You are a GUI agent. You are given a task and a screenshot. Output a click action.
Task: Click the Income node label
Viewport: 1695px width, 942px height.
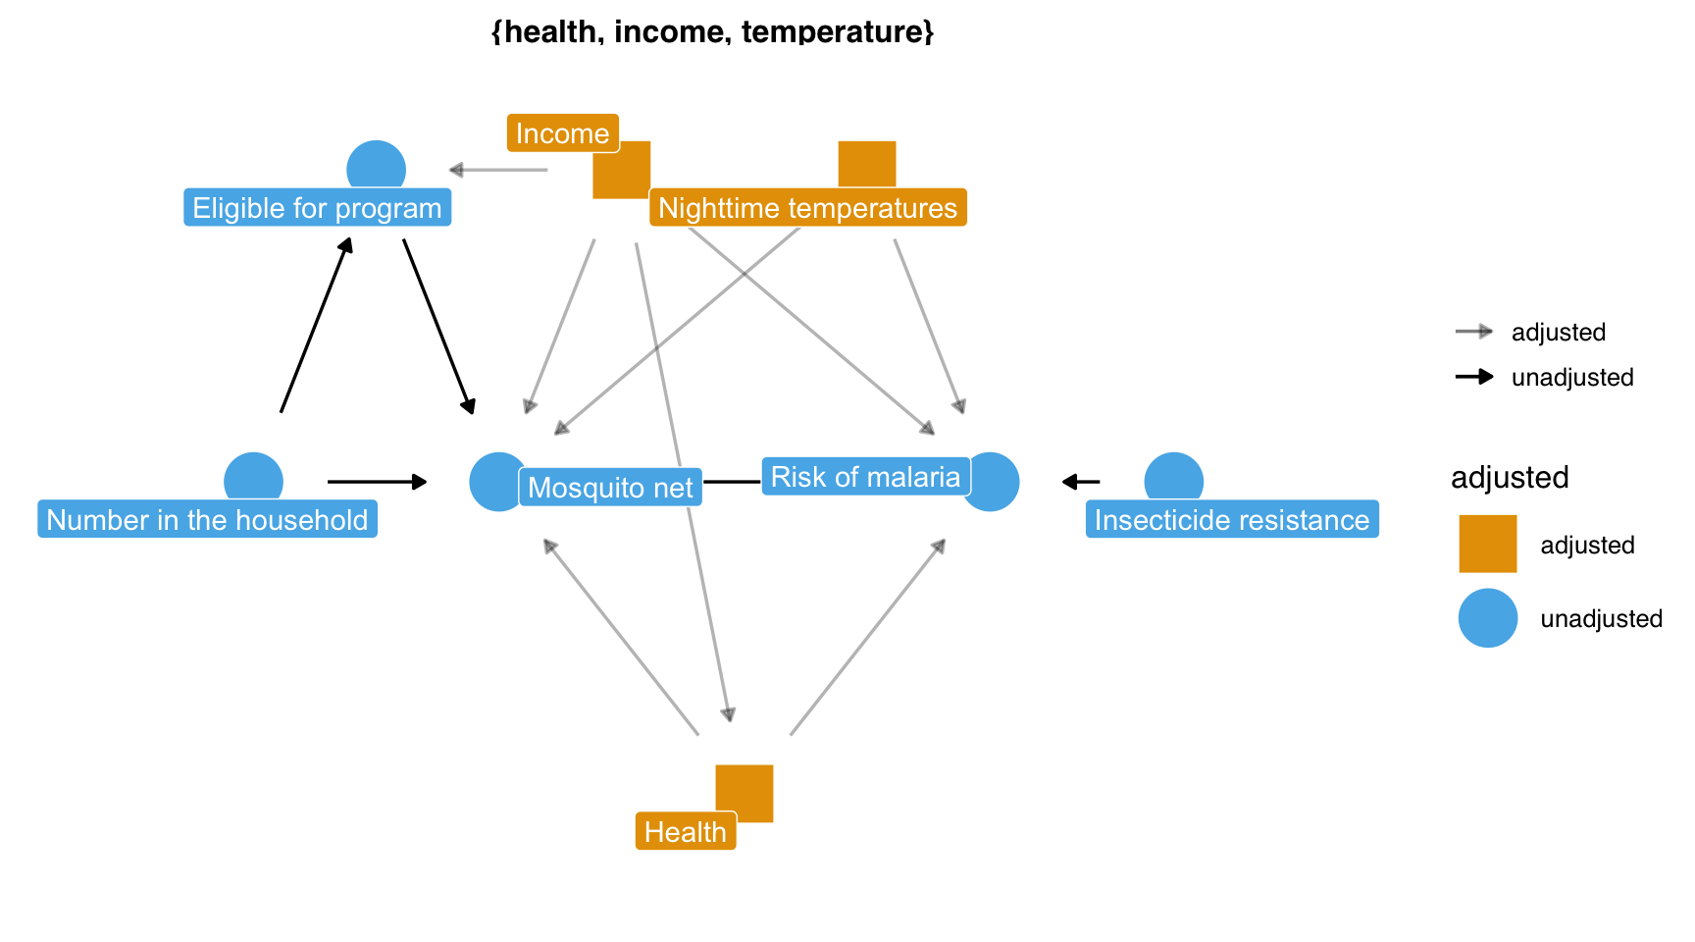point(562,133)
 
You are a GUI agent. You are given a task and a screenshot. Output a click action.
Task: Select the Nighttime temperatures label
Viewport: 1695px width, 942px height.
point(807,208)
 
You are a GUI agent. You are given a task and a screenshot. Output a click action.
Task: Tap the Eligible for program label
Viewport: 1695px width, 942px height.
point(317,208)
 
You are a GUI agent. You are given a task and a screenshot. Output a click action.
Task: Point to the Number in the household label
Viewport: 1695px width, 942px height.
point(207,519)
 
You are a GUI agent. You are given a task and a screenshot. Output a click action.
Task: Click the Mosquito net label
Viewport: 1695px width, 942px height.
point(610,487)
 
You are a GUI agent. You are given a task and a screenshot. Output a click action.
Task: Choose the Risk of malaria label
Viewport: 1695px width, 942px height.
point(865,477)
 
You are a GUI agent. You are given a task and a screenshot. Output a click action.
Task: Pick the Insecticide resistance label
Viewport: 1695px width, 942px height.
point(1231,519)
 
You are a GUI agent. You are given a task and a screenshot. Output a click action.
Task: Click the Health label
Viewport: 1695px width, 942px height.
point(685,832)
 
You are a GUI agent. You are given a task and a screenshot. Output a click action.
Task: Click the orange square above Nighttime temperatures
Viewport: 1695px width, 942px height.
point(867,163)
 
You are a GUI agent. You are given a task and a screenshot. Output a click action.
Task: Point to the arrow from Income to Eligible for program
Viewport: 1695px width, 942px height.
point(497,170)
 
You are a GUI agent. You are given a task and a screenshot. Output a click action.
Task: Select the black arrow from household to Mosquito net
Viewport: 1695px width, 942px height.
point(377,482)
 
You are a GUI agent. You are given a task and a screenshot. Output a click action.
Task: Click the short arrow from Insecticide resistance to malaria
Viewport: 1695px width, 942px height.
point(1081,482)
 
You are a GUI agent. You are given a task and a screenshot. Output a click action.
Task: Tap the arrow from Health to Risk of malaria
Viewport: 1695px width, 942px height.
point(867,637)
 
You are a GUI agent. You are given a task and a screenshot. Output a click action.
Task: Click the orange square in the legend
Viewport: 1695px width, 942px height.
point(1487,544)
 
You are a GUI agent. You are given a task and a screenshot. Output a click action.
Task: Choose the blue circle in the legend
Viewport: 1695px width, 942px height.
point(1487,618)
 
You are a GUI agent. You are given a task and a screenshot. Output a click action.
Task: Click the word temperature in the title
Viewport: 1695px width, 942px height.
point(833,32)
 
